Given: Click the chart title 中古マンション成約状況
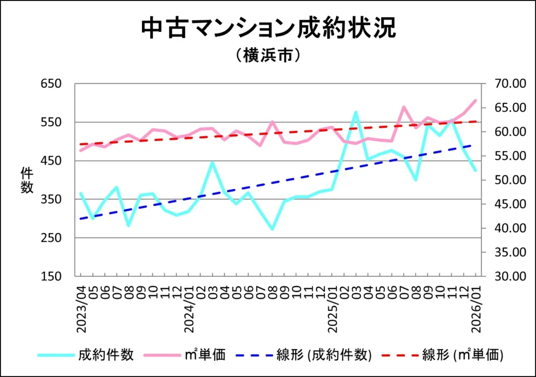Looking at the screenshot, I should coord(268,29).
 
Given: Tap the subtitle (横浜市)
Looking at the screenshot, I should coord(268,56).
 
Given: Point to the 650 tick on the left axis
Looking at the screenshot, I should coord(52,84).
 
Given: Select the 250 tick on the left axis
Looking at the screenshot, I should coord(52,238).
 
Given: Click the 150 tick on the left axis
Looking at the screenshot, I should coord(52,276).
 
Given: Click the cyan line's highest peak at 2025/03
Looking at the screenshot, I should coord(355,112).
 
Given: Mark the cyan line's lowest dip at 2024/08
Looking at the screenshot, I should coord(272,229).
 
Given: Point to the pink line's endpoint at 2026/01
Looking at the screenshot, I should coord(475,100).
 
